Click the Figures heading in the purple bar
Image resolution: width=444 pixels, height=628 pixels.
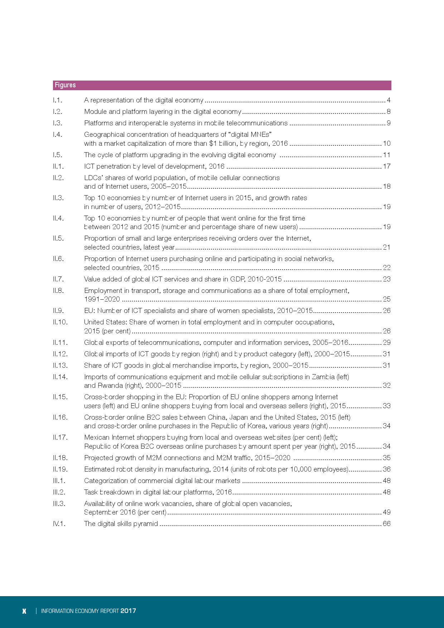click(x=65, y=85)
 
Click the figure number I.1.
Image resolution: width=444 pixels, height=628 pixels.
click(x=57, y=100)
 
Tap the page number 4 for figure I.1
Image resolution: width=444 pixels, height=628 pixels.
click(x=388, y=100)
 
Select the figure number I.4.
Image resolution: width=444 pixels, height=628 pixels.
click(x=57, y=135)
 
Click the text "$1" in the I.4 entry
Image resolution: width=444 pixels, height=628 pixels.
click(x=213, y=144)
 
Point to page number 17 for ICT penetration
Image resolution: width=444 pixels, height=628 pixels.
click(x=387, y=166)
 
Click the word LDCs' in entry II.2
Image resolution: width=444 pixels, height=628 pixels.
click(x=93, y=178)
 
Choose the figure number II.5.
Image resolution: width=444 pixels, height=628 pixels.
click(x=58, y=238)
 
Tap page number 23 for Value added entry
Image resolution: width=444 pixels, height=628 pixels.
click(x=387, y=279)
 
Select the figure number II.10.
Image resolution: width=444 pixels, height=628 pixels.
click(x=60, y=322)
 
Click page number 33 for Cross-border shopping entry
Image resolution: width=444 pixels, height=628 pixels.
click(x=387, y=406)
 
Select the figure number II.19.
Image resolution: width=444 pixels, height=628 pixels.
click(x=60, y=469)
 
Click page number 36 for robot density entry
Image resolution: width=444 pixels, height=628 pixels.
click(x=387, y=469)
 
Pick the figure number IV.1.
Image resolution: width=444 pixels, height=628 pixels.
click(x=59, y=524)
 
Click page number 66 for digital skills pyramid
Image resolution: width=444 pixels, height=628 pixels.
click(x=387, y=524)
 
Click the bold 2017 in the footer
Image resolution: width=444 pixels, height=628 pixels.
click(x=128, y=611)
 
